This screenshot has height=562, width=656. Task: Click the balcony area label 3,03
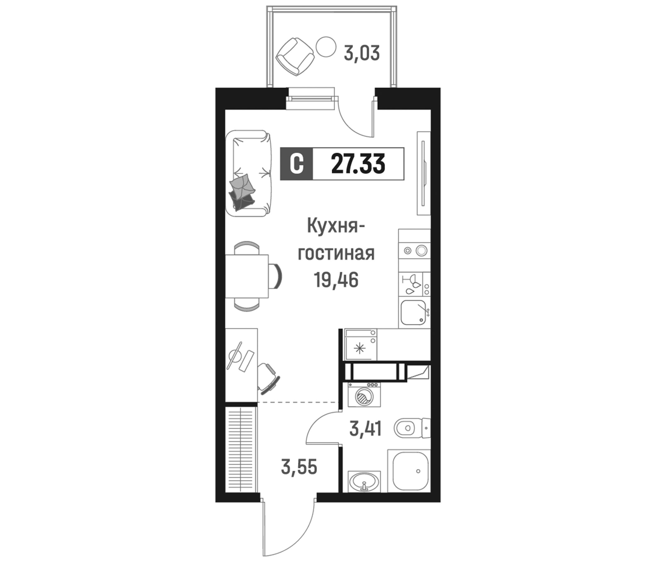pyautogui.click(x=361, y=54)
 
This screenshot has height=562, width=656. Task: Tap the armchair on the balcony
pyautogui.click(x=295, y=56)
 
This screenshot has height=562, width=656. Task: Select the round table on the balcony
pyautogui.click(x=326, y=47)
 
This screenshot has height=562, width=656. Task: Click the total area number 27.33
pyautogui.click(x=358, y=164)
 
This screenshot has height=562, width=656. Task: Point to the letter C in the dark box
pyautogui.click(x=297, y=164)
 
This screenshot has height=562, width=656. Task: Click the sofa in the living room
pyautogui.click(x=249, y=173)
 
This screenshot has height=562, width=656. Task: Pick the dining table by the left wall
pyautogui.click(x=247, y=276)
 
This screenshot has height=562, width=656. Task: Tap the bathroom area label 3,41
pyautogui.click(x=365, y=429)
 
